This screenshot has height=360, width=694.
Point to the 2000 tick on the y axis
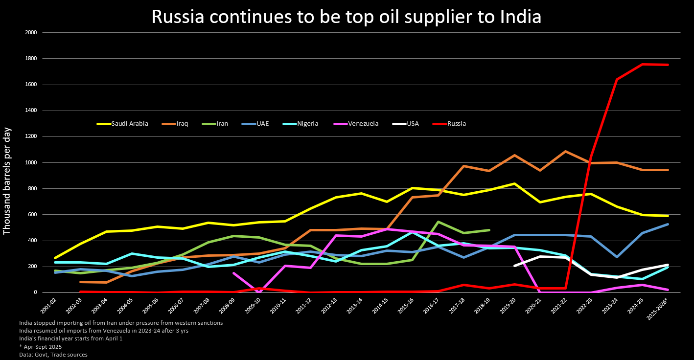pyautogui.click(x=31, y=33)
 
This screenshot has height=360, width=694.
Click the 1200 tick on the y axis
pyautogui.click(x=31, y=136)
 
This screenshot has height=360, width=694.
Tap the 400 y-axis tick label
pyautogui.click(x=32, y=241)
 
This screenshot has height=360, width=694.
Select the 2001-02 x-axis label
pyautogui.click(x=48, y=307)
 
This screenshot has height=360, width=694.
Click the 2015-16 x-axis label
pyautogui.click(x=405, y=307)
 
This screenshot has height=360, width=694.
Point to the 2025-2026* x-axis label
pyautogui.click(x=657, y=309)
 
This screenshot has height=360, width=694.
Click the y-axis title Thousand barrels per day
pyautogui.click(x=7, y=181)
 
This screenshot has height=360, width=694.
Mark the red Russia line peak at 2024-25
pyautogui.click(x=642, y=64)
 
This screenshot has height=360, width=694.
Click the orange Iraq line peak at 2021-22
pyautogui.click(x=565, y=152)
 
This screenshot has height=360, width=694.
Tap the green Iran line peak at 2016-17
pyautogui.click(x=438, y=222)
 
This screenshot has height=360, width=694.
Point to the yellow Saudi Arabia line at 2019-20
pyautogui.click(x=514, y=183)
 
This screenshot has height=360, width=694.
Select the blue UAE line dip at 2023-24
pyautogui.click(x=617, y=257)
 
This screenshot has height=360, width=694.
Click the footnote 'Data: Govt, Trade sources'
pyautogui.click(x=53, y=355)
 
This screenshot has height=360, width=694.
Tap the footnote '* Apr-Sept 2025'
pyautogui.click(x=41, y=347)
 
